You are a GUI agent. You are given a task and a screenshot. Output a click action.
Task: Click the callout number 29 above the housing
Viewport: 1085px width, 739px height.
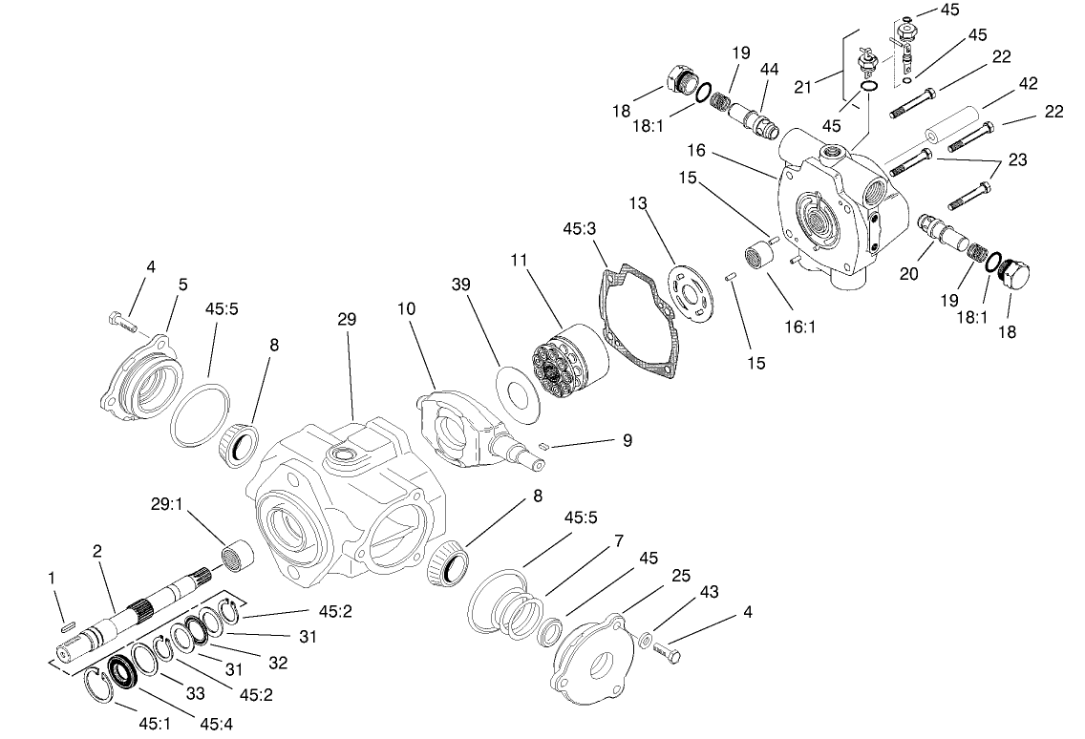(x=346, y=319)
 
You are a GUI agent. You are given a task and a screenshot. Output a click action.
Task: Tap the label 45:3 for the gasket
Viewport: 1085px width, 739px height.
(x=579, y=229)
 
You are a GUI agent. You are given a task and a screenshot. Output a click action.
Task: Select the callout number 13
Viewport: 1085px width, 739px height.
(x=638, y=204)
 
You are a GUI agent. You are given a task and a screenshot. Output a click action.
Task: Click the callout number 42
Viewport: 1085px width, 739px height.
(x=1027, y=83)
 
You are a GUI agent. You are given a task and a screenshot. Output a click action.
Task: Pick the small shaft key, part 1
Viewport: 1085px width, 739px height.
(x=68, y=627)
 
